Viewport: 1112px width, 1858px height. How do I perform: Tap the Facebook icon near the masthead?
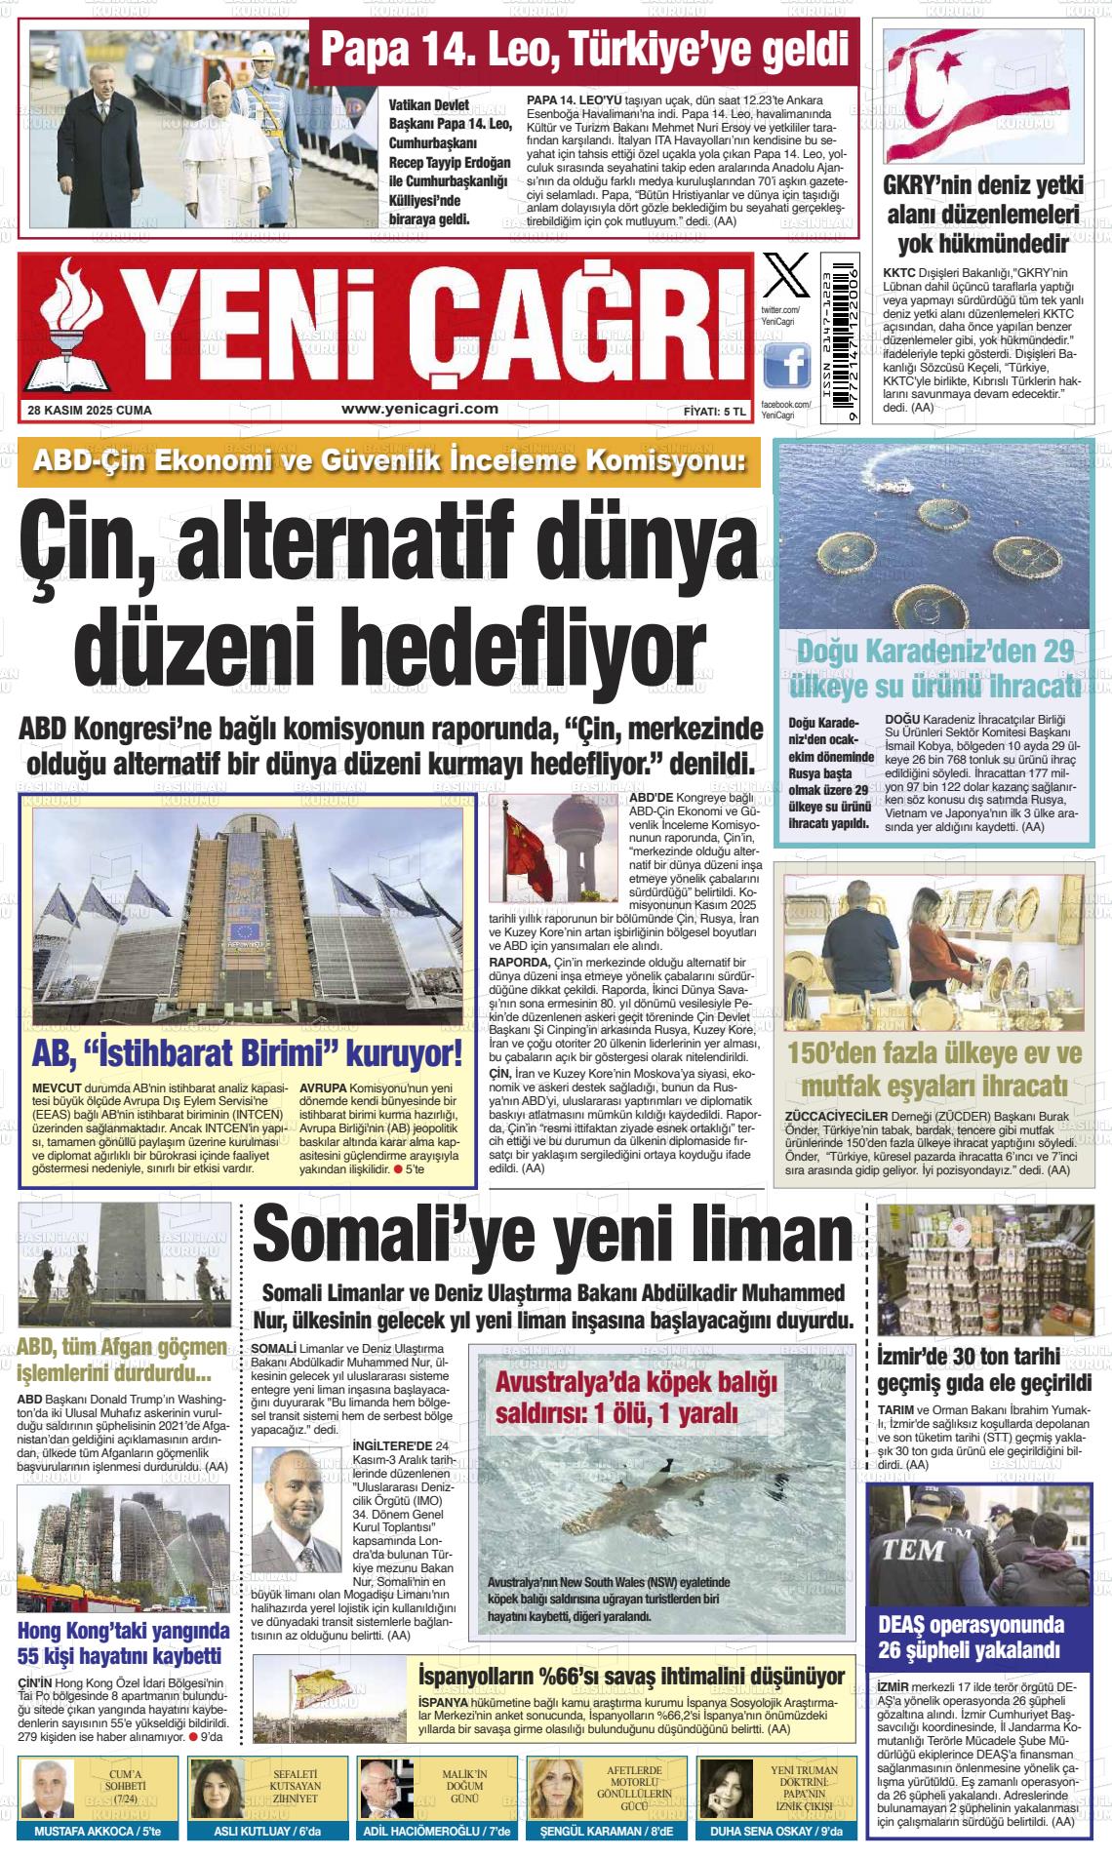[786, 368]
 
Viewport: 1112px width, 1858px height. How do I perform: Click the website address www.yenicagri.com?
[420, 410]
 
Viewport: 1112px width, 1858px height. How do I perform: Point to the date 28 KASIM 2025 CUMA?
[90, 411]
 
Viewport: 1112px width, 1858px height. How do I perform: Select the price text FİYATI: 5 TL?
[714, 412]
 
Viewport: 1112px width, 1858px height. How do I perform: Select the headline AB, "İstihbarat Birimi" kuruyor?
[247, 1053]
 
